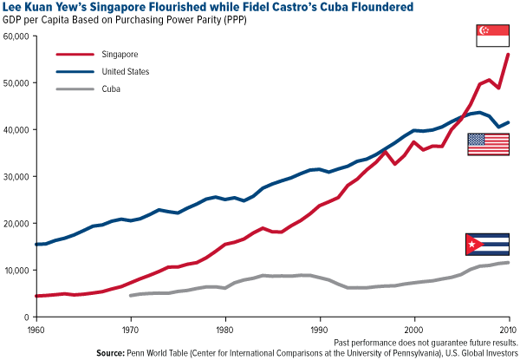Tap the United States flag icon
pos(488,144)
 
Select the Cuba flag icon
pos(486,245)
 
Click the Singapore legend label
pos(124,53)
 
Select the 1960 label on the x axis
pos(35,329)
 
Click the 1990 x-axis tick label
pos(319,329)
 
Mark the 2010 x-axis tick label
pos(507,329)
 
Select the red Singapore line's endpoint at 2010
pos(509,54)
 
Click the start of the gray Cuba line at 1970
pos(130,296)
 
